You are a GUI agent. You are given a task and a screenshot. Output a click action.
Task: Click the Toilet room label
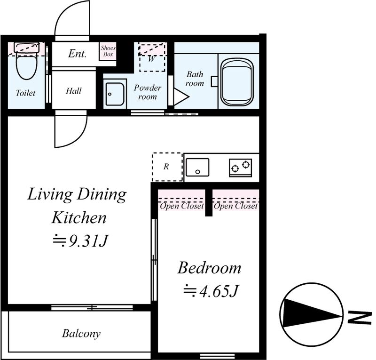26,93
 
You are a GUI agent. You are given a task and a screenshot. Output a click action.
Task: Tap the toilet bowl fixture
26,61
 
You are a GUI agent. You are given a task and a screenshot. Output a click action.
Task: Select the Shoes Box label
108,51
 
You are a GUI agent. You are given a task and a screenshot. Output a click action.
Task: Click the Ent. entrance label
77,54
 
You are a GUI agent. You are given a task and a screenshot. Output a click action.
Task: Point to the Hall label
74,91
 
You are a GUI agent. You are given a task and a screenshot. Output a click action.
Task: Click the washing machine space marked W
152,57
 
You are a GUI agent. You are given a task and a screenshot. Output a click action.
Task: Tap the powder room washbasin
115,92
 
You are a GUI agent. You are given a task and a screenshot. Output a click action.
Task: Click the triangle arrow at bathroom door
181,97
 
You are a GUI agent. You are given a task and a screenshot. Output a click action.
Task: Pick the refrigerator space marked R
167,167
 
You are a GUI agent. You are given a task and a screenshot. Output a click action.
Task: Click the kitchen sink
197,167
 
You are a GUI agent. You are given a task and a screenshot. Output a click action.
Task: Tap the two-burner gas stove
240,168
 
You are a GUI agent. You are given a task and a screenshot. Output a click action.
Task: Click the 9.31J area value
80,240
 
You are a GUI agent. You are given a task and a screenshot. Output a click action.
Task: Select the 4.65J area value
211,291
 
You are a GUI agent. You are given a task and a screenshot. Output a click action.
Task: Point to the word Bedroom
209,268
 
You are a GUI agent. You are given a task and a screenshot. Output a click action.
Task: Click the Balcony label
81,334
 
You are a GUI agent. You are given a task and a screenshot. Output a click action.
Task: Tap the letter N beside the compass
359,318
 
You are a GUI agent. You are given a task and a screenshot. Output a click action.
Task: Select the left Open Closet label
182,206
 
